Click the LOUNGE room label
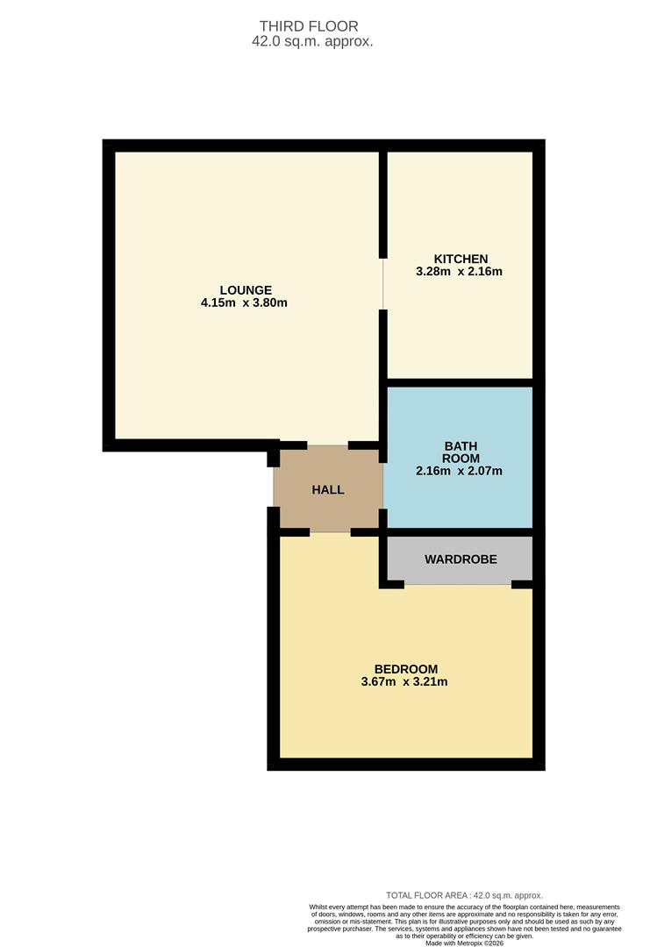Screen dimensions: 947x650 [246, 290]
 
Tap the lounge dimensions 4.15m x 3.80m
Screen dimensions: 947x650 [245, 303]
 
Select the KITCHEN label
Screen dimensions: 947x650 [461, 259]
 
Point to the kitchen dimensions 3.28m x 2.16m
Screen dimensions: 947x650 [460, 272]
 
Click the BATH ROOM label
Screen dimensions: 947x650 [461, 452]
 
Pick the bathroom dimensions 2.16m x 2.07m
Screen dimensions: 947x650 [460, 471]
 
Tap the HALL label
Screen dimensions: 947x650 [328, 489]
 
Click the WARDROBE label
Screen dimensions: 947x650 [461, 559]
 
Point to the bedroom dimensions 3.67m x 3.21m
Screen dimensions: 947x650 [404, 682]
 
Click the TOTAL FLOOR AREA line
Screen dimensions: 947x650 [464, 895]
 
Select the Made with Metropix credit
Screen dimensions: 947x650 [464, 943]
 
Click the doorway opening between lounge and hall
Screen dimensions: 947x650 [328, 445]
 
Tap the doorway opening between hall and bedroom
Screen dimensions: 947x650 [330, 532]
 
